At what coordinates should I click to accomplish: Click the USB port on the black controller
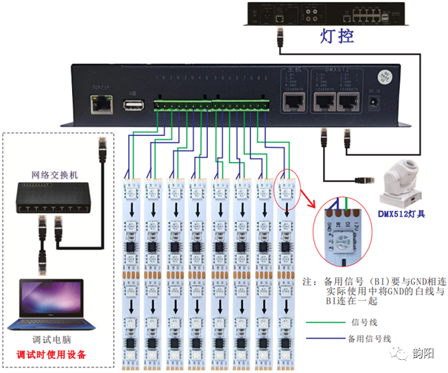[132, 105]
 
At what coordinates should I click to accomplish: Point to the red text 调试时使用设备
[55, 355]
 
